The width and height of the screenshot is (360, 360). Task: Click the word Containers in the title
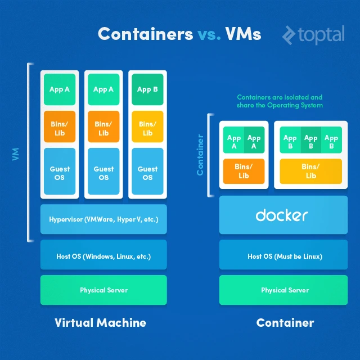(145, 34)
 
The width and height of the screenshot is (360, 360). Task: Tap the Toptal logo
(313, 35)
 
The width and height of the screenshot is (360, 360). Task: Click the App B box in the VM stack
(147, 89)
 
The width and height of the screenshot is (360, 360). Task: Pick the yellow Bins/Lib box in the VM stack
(147, 128)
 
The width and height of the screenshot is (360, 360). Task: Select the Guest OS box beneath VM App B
(147, 173)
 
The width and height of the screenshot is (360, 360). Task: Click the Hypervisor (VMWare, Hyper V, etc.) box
(103, 219)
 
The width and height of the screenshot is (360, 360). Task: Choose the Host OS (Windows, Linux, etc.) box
(103, 256)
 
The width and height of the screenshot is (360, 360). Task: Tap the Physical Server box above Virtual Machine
(103, 290)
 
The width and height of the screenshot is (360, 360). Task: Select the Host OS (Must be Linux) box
(285, 256)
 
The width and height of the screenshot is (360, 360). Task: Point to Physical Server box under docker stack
(285, 290)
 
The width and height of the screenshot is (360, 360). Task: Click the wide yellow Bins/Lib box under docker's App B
(310, 171)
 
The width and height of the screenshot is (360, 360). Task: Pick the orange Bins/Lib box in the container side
(244, 171)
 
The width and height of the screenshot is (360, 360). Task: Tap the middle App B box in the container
(310, 141)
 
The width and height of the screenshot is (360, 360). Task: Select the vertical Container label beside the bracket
(200, 154)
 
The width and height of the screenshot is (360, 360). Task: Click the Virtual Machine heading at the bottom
(100, 323)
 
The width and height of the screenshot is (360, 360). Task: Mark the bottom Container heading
(285, 323)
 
